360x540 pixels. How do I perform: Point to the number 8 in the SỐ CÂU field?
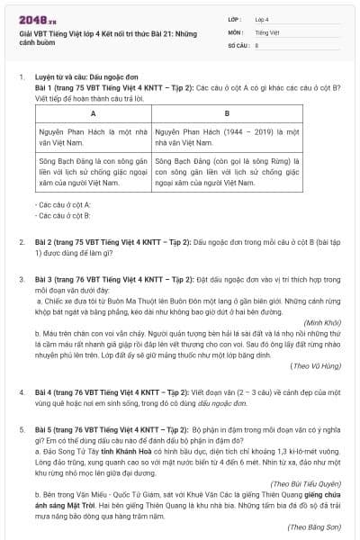click(256, 44)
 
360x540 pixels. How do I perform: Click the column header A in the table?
click(93, 113)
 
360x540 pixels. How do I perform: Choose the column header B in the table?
click(226, 113)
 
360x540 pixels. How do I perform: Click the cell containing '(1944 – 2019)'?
click(226, 137)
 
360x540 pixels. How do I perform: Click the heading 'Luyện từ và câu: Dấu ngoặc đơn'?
click(89, 77)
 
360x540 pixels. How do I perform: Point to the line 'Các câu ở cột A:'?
click(62, 205)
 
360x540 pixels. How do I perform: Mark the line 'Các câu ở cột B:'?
click(62, 216)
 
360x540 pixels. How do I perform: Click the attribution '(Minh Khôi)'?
click(322, 321)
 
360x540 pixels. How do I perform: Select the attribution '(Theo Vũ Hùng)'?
click(316, 366)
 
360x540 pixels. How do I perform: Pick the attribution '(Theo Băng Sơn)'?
click(315, 526)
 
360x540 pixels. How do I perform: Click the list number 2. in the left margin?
click(22, 242)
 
